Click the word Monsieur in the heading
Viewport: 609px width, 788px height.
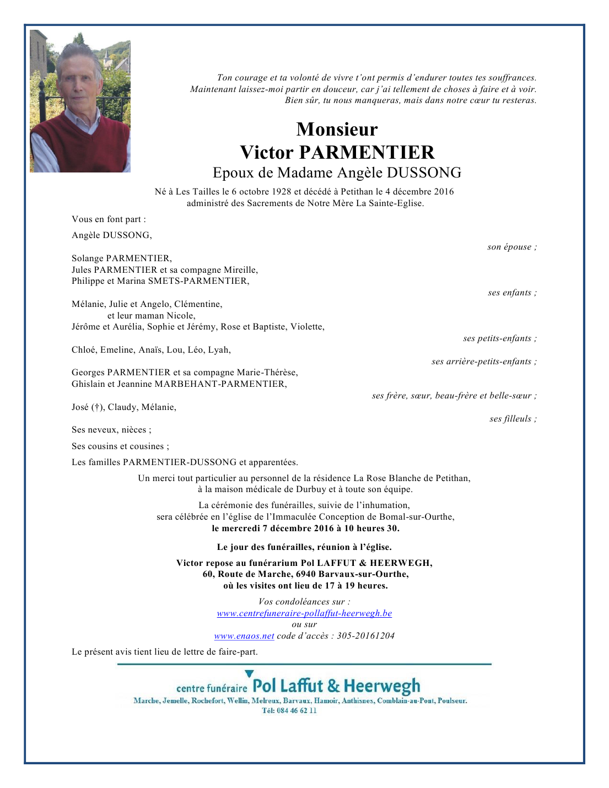[337, 129]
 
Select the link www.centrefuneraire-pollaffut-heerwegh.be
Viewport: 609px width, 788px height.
[304, 613]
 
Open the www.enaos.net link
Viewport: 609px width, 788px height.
[244, 636]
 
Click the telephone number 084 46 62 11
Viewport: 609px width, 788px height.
[297, 711]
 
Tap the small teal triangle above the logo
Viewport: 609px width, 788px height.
[249, 673]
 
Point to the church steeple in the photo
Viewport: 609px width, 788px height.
[106, 56]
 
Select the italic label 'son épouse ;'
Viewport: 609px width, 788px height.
[511, 247]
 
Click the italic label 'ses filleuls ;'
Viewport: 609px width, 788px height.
[513, 419]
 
